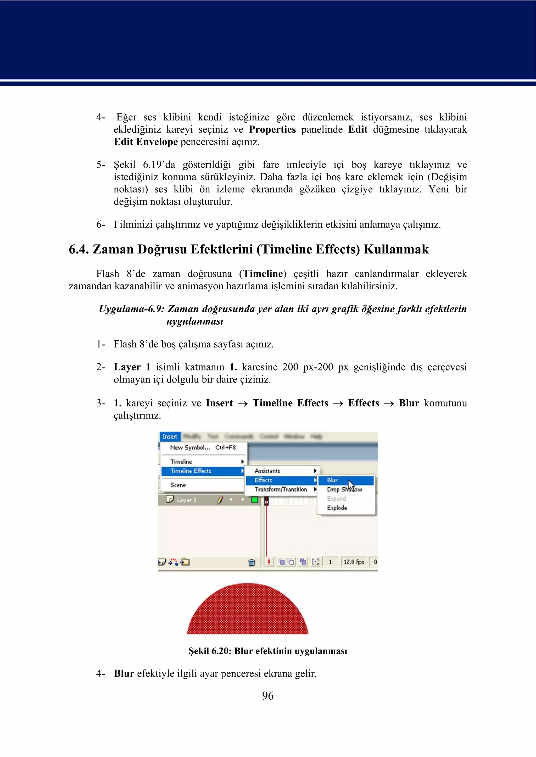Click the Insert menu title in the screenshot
click(x=170, y=437)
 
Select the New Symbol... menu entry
click(x=190, y=447)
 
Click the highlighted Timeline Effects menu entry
click(x=191, y=471)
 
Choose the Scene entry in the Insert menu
click(x=178, y=485)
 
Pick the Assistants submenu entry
click(x=267, y=471)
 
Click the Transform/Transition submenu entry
click(x=281, y=489)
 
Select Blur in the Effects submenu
click(x=332, y=480)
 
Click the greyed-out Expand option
click(x=336, y=499)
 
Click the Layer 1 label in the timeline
click(x=187, y=500)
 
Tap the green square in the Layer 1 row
click(x=254, y=500)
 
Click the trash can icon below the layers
click(x=252, y=562)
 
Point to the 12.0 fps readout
click(x=354, y=562)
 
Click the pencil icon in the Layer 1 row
click(x=220, y=500)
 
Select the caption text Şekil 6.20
click(x=210, y=651)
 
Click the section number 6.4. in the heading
click(x=79, y=249)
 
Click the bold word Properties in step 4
click(x=272, y=129)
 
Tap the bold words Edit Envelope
click(x=146, y=142)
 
